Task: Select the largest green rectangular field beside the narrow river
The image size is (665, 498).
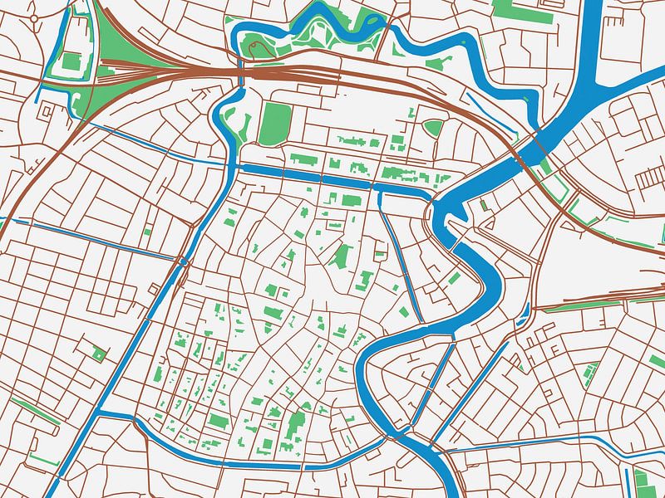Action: (273, 124)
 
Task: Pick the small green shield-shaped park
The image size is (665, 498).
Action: (433, 128)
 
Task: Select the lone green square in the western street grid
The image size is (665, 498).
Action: (100, 354)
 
